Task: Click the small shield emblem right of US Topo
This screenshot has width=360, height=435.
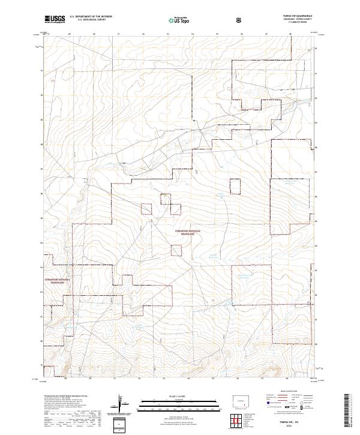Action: pos(240,19)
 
